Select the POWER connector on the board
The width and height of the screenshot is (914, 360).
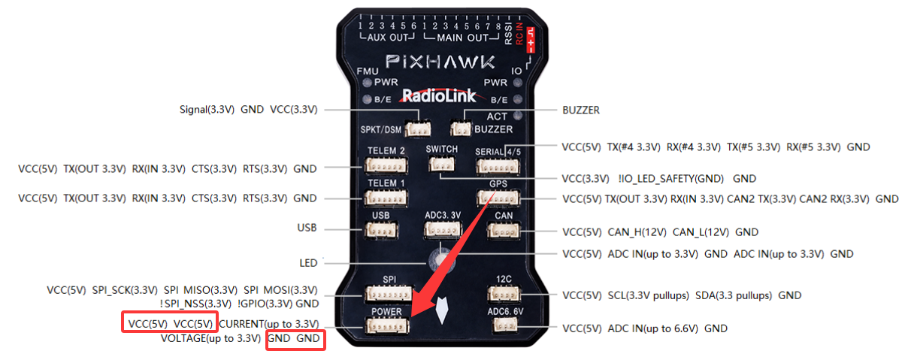click(x=386, y=325)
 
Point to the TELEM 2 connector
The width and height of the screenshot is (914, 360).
click(x=386, y=167)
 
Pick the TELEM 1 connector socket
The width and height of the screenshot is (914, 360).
click(x=386, y=198)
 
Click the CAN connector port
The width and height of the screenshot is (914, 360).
click(x=503, y=231)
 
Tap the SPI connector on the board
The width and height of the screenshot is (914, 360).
click(x=387, y=295)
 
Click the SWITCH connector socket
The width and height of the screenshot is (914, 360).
click(x=440, y=165)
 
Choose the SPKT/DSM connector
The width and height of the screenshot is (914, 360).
click(x=415, y=129)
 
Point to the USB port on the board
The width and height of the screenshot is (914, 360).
click(x=380, y=231)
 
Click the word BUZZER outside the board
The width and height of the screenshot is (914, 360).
click(x=581, y=110)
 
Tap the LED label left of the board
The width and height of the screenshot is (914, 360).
click(x=308, y=263)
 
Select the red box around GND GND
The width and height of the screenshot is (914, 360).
click(x=295, y=340)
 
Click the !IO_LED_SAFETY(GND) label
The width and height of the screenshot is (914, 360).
click(x=670, y=179)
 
